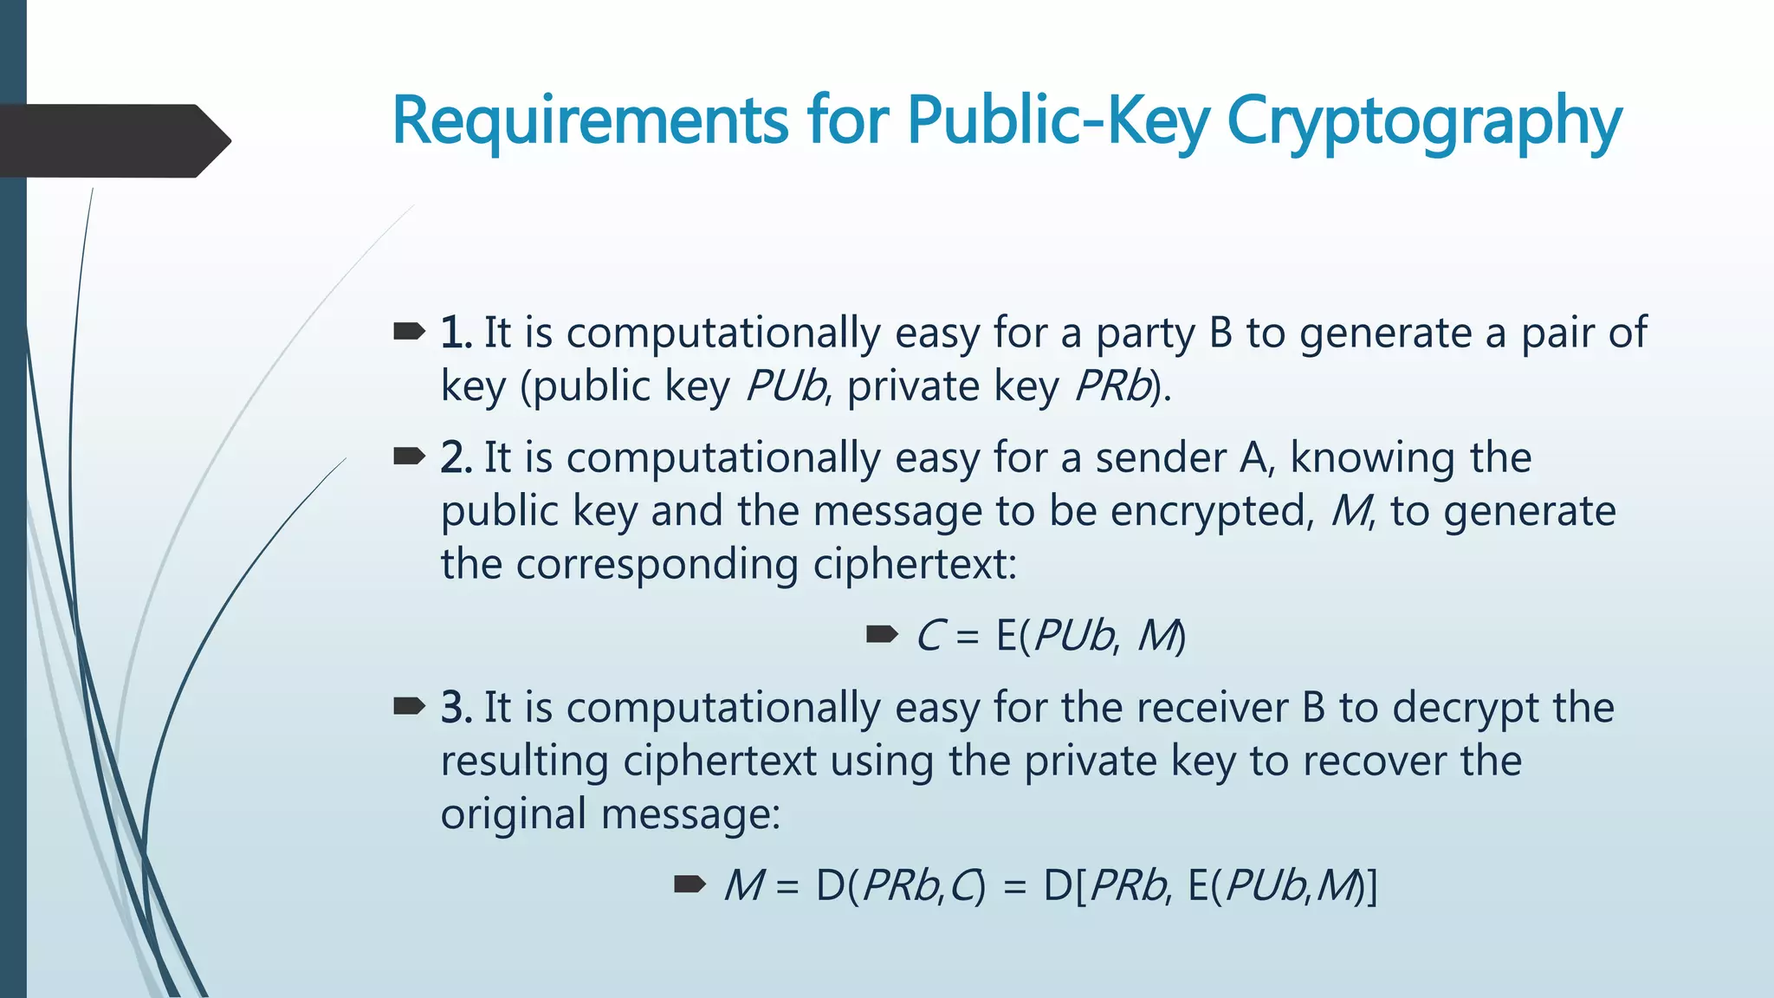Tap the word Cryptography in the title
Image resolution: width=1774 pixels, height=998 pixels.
pyautogui.click(x=1424, y=121)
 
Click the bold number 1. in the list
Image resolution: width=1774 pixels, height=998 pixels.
pyautogui.click(x=456, y=333)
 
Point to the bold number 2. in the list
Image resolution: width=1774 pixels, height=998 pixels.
pyautogui.click(x=456, y=457)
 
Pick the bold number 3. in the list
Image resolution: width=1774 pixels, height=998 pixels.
pyautogui.click(x=456, y=707)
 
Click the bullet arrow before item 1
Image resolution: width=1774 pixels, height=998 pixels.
pyautogui.click(x=409, y=331)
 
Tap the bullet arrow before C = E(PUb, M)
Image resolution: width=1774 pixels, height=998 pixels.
pyautogui.click(x=882, y=635)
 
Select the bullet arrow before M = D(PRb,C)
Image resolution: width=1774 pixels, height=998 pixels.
pyautogui.click(x=690, y=885)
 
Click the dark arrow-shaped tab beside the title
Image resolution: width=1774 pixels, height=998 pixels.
pyautogui.click(x=113, y=140)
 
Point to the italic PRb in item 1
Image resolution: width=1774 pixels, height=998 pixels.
pyautogui.click(x=1112, y=386)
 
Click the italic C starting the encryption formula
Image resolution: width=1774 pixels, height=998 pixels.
pyautogui.click(x=929, y=636)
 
